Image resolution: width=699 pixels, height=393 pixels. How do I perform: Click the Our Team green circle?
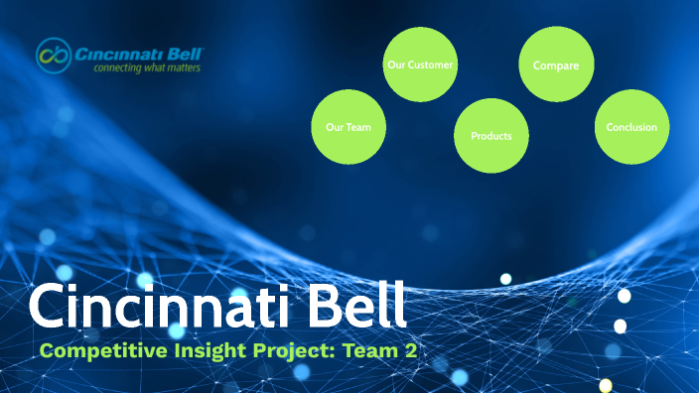[349, 127]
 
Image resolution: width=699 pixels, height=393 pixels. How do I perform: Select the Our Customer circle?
[420, 65]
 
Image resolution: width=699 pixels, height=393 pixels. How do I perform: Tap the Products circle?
[491, 135]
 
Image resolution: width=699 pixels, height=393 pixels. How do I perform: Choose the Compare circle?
[557, 65]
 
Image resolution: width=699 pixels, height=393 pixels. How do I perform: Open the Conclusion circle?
[631, 127]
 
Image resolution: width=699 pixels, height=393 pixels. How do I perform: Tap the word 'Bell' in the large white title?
[350, 308]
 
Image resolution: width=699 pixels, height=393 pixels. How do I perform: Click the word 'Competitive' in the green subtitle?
[97, 349]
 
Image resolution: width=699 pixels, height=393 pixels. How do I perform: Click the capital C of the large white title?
[48, 308]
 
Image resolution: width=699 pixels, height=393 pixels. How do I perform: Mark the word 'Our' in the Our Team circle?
[335, 127]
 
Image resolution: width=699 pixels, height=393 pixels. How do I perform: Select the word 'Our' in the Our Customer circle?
[396, 65]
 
